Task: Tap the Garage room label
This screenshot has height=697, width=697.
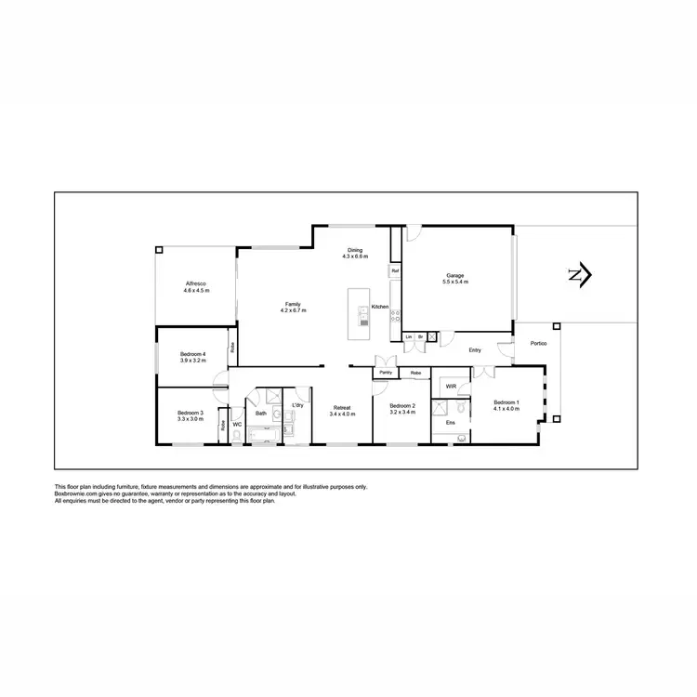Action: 455,276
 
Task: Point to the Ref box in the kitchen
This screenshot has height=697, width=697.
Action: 395,270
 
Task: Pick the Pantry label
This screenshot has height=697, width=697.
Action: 386,373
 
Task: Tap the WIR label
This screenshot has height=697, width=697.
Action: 451,386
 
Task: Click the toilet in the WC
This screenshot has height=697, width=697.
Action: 237,437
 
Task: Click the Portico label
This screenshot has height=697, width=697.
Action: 538,344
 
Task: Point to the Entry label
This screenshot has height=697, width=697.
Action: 475,350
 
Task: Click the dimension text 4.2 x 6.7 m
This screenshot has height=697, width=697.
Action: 294,310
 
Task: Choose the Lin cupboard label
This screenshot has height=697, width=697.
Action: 408,335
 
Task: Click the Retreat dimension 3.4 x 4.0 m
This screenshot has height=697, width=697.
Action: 343,414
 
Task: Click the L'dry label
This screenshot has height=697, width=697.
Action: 297,406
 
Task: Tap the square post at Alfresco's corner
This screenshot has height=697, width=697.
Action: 158,250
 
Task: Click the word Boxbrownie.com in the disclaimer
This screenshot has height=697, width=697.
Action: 77,493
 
